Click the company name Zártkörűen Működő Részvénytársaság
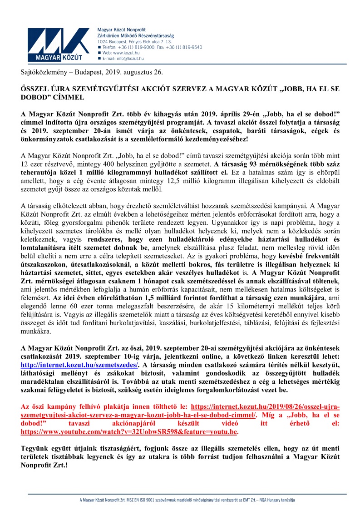[136, 35]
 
